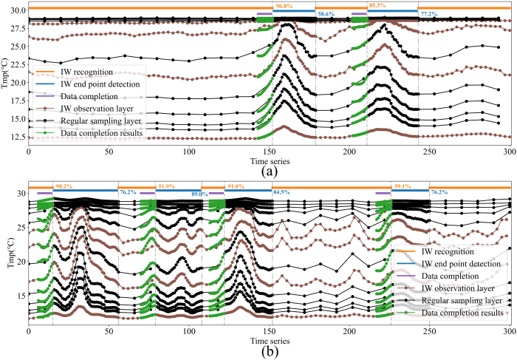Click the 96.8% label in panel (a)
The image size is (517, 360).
click(284, 6)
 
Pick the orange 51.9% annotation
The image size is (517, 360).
click(166, 186)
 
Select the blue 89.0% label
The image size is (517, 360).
click(191, 194)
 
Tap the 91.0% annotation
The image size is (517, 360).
click(237, 186)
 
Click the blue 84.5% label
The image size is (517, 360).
click(282, 194)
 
